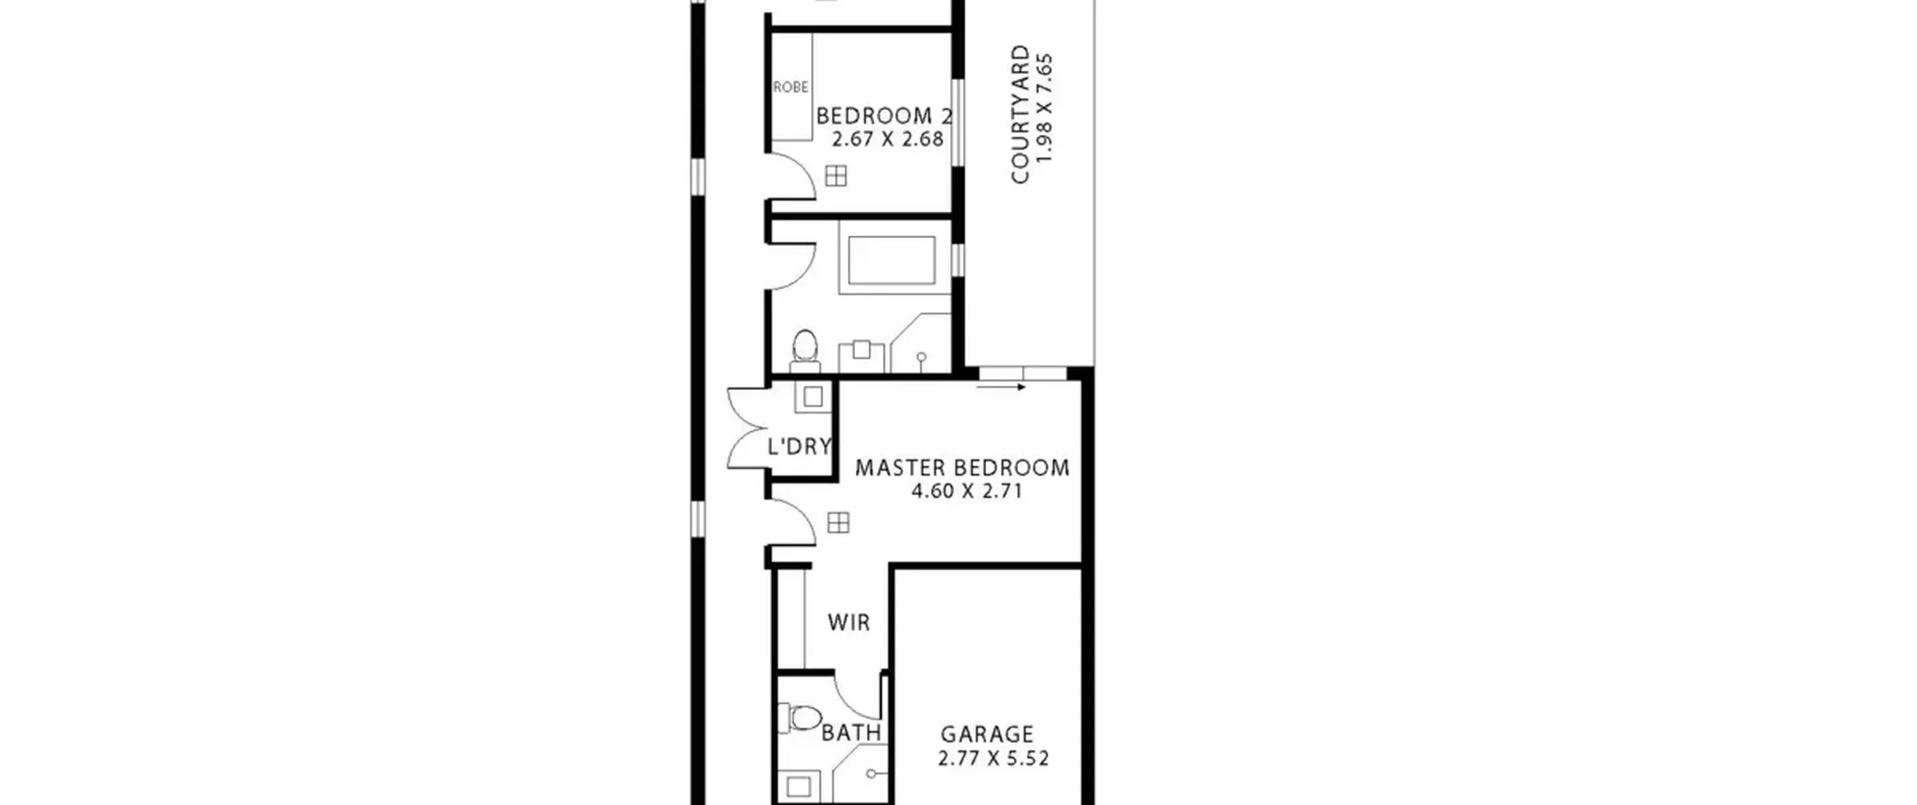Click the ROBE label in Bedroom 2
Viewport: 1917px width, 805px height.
[x=791, y=88]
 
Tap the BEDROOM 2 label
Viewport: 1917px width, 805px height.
[x=884, y=116]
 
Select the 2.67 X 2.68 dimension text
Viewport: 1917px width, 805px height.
[x=888, y=139]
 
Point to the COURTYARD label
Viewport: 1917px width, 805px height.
[x=1020, y=115]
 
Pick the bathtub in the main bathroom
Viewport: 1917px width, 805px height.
[x=891, y=260]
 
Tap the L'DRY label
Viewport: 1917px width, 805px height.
[x=800, y=446]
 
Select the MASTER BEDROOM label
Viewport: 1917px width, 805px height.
[x=963, y=468]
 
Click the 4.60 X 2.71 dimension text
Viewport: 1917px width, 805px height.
[x=967, y=492]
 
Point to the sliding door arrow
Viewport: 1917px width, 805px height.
[x=1001, y=387]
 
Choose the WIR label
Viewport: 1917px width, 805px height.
[x=849, y=622]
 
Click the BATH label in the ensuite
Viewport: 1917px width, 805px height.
[x=851, y=732]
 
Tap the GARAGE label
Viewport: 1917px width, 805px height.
[x=987, y=735]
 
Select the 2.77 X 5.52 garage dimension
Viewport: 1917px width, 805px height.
[x=993, y=759]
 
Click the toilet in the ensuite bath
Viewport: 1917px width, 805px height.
[x=799, y=719]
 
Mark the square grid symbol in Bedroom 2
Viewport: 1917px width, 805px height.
[x=836, y=176]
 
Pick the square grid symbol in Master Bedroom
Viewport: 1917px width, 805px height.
[x=838, y=523]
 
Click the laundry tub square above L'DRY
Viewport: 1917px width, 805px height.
[x=812, y=396]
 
